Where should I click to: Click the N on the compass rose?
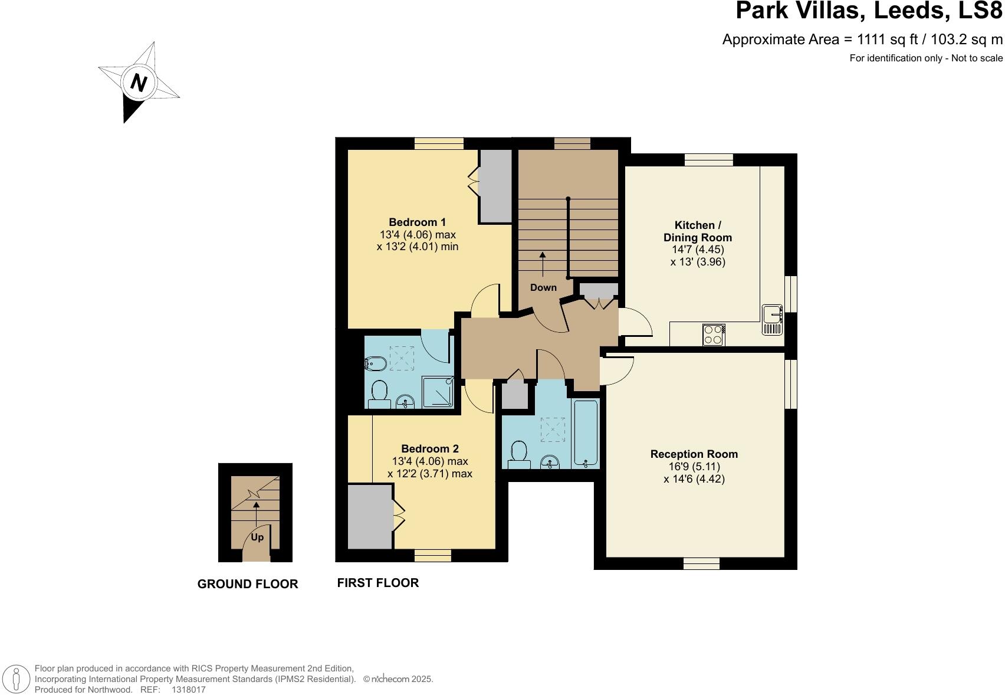[138, 82]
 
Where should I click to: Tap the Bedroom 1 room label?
[417, 222]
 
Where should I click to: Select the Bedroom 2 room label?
[429, 448]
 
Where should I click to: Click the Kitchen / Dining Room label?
[698, 231]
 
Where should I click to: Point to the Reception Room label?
[694, 454]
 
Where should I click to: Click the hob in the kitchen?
[714, 335]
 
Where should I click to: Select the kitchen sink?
[771, 320]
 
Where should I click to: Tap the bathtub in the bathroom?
[586, 434]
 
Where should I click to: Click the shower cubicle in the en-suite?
[438, 392]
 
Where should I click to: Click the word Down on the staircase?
[543, 288]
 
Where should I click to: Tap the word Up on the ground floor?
[257, 537]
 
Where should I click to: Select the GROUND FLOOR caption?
[248, 584]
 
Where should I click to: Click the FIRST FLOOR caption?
[378, 583]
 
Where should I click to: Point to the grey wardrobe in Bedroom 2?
[370, 517]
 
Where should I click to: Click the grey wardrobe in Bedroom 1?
[495, 186]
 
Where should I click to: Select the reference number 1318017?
[188, 689]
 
